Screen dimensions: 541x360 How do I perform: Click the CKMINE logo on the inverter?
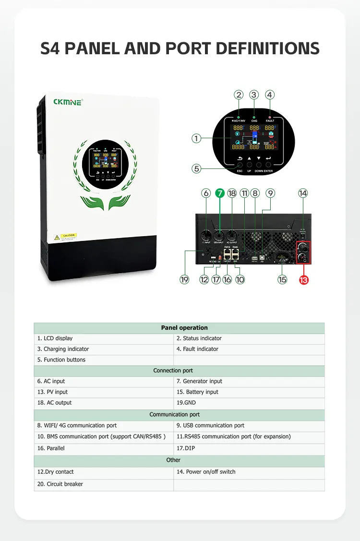[x=68, y=102]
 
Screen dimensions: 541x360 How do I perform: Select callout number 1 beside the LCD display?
[x=196, y=138]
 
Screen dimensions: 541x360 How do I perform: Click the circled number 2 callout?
[x=239, y=95]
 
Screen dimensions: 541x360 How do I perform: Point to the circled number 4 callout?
[x=270, y=95]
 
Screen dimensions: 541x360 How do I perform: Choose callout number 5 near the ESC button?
[x=196, y=168]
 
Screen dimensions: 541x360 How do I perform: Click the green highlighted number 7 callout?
[x=220, y=193]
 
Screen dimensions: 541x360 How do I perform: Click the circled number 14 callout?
[x=302, y=193]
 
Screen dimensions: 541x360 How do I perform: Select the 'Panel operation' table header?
[x=179, y=328]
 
